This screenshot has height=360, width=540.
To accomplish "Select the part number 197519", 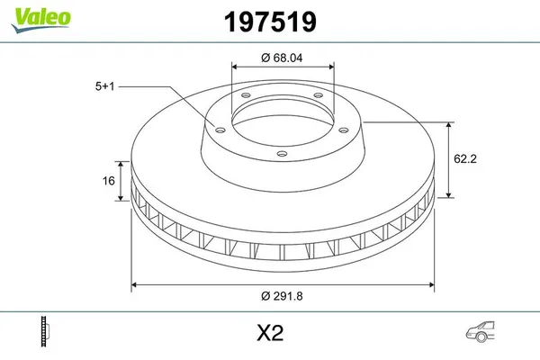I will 270,20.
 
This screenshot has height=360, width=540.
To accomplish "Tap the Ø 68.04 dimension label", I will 283,58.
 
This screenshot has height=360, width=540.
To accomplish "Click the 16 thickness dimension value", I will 108,181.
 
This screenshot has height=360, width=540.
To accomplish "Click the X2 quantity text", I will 270,333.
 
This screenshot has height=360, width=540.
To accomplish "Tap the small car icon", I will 481,332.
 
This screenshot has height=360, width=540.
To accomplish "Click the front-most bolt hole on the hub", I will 282,154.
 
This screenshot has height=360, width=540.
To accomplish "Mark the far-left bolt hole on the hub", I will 215,126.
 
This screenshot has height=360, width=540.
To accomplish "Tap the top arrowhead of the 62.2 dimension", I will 449,123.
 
